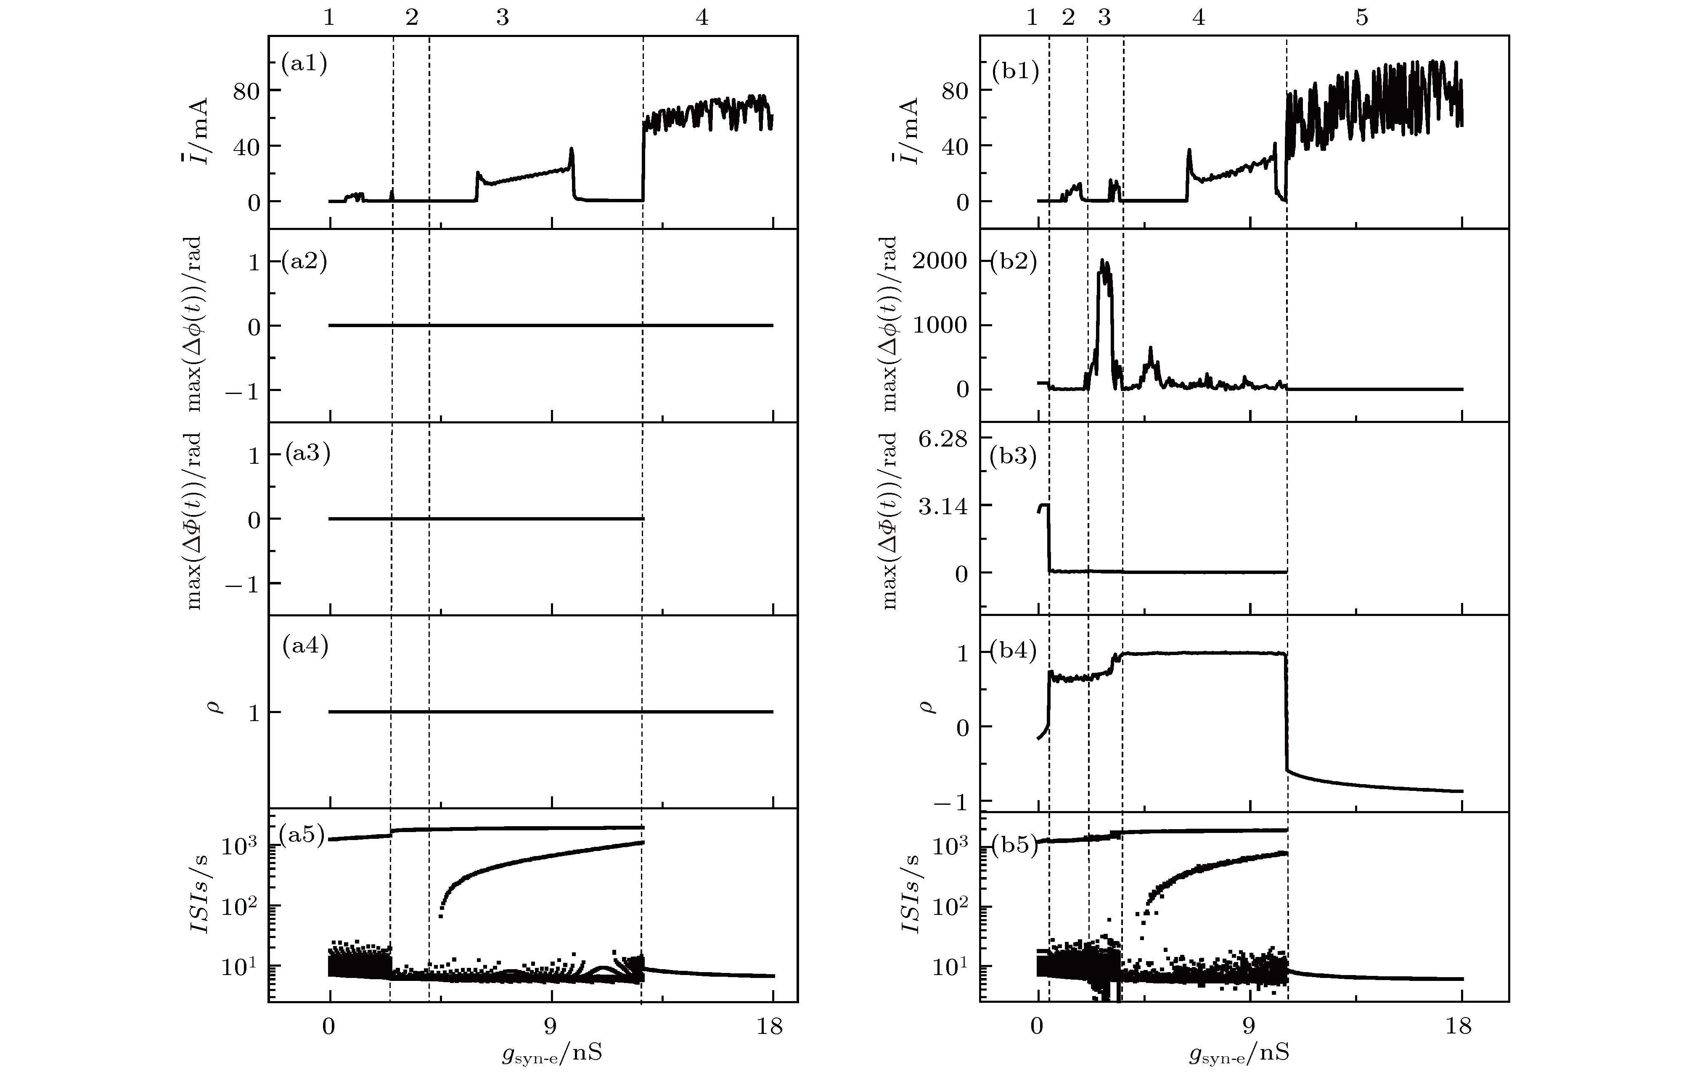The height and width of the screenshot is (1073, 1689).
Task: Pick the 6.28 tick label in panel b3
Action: pos(942,440)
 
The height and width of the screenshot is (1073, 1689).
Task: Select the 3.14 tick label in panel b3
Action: pos(942,506)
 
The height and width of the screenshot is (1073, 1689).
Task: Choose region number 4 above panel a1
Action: pos(702,18)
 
